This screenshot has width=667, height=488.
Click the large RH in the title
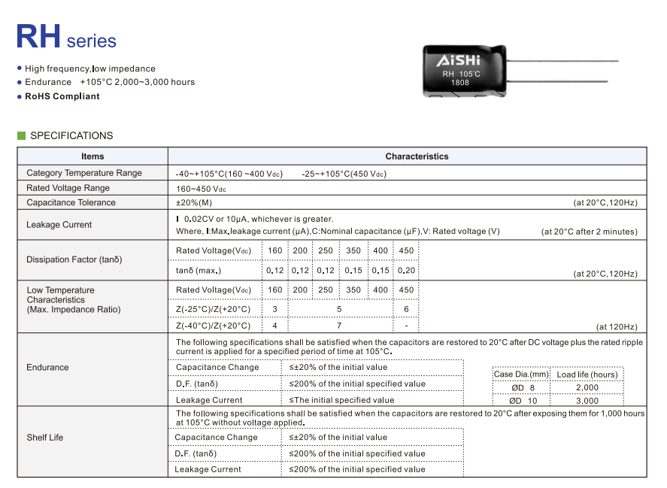(x=38, y=36)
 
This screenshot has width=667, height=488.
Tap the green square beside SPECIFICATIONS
(x=21, y=135)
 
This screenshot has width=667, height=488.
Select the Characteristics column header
(x=417, y=156)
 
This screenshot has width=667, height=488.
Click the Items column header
(x=92, y=156)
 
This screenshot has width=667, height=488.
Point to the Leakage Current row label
(x=59, y=224)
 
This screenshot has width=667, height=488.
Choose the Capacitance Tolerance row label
(x=71, y=202)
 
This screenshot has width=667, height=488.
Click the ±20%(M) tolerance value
(x=194, y=202)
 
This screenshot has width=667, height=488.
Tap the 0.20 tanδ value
(x=406, y=270)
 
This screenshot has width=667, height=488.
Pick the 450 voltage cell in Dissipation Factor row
(x=406, y=250)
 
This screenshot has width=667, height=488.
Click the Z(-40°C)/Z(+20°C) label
(x=213, y=326)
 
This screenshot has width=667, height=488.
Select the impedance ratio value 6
(x=406, y=309)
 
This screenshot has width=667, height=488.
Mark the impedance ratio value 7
(x=339, y=326)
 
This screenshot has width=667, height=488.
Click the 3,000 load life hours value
(x=587, y=401)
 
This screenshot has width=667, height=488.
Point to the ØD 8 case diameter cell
(x=521, y=387)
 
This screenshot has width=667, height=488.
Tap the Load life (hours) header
(x=587, y=374)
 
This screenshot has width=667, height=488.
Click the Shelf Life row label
(x=45, y=437)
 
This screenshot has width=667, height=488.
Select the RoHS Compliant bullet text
(x=62, y=96)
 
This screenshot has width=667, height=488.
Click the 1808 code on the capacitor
(x=460, y=83)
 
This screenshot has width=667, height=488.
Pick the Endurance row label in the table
(x=47, y=367)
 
